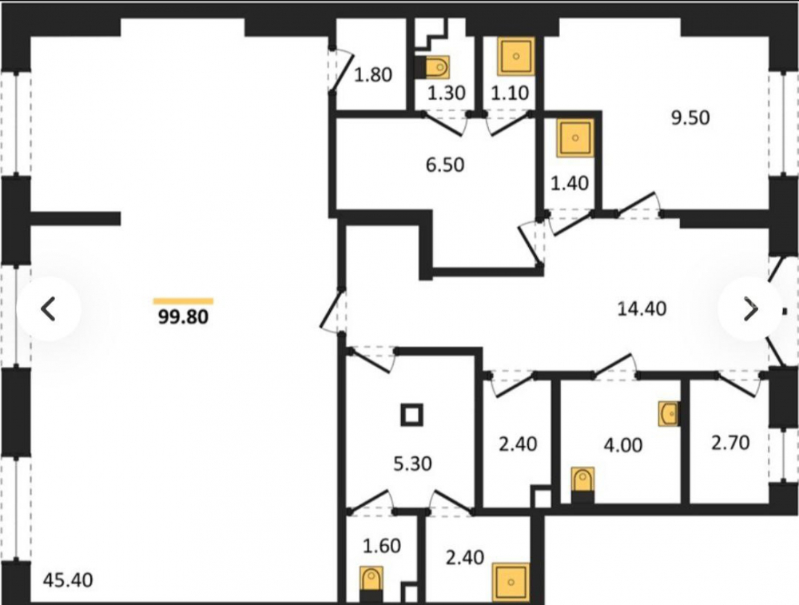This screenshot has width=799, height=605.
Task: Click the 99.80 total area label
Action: point(184,317)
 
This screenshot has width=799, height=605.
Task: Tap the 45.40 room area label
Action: point(68,580)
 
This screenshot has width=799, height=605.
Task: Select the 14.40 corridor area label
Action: point(642,308)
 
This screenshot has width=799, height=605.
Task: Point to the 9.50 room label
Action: point(690,117)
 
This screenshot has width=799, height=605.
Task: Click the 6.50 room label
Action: point(445,165)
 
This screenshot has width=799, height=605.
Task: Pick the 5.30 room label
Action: point(413,464)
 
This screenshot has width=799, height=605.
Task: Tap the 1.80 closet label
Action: point(373,75)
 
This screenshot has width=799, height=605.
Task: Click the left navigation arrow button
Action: point(49,308)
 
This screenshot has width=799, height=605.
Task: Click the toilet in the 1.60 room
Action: point(371,584)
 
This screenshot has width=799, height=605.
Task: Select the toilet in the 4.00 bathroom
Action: point(582,484)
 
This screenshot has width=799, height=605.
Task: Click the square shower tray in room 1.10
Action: point(515,56)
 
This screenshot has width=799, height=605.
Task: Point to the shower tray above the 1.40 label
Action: point(575,137)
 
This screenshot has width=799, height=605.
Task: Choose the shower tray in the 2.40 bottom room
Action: point(511,582)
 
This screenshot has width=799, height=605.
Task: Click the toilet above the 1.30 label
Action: point(432,67)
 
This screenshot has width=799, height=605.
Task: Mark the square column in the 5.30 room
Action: point(411,415)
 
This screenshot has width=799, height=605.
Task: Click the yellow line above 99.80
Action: point(184,301)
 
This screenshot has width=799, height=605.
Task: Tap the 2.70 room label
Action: point(731,443)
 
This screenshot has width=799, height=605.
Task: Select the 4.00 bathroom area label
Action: point(622,445)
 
